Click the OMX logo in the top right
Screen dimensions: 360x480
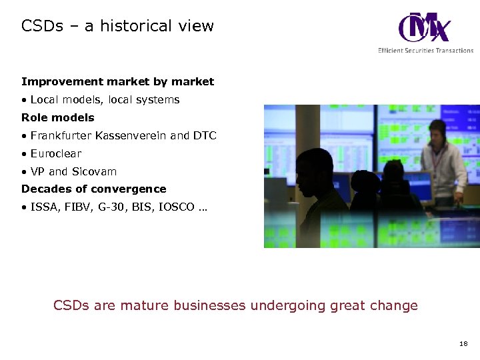[424, 28]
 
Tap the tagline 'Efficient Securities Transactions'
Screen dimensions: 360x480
[425, 51]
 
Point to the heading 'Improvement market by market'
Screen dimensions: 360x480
[118, 82]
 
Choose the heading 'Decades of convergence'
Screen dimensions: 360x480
[94, 189]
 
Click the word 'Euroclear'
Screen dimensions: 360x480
[56, 153]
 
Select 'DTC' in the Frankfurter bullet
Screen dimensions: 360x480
[205, 135]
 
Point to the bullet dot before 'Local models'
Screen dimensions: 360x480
[24, 100]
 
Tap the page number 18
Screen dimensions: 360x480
[463, 343]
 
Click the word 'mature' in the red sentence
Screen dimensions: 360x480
[144, 306]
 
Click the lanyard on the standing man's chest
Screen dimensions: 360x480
[437, 160]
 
